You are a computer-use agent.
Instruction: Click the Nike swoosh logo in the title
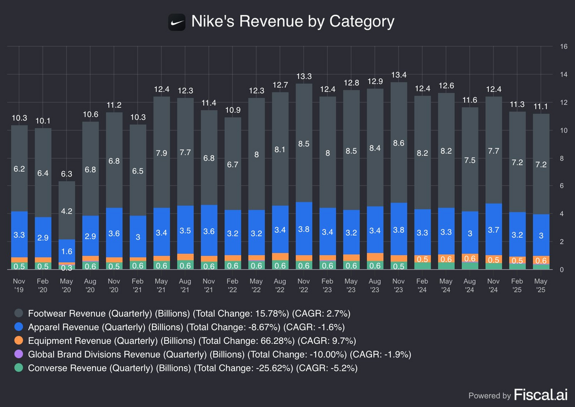177,22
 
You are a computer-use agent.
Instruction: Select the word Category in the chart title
362,22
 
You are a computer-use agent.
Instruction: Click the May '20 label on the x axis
67,286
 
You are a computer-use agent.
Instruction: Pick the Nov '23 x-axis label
398,286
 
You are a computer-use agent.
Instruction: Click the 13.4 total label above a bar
398,75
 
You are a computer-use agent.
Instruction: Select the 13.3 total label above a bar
304,76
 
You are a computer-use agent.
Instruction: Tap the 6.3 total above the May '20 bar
67,174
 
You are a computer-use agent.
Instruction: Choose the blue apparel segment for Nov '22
304,228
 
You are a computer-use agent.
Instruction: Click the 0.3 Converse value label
67,267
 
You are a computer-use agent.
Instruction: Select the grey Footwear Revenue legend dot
19,313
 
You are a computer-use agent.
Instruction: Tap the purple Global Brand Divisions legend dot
19,355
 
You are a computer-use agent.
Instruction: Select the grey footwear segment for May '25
540,164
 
